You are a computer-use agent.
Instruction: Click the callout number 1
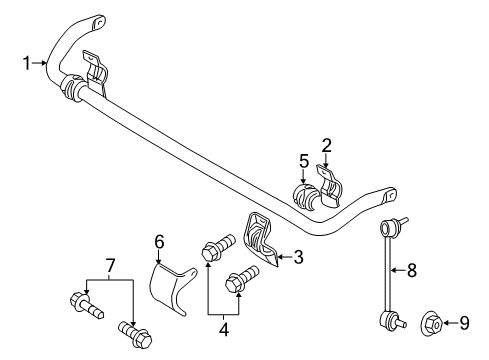[28, 64]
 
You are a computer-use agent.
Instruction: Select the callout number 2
[327, 145]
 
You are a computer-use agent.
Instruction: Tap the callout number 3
[297, 258]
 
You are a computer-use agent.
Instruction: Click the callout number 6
[158, 240]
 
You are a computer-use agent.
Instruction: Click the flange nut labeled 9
[432, 322]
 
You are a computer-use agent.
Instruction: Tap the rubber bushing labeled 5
[303, 193]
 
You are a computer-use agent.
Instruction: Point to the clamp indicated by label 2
[327, 184]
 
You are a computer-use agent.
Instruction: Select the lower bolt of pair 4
[241, 279]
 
